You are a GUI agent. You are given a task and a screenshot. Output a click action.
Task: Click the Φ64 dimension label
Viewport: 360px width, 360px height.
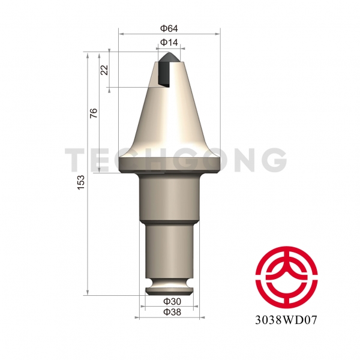169,28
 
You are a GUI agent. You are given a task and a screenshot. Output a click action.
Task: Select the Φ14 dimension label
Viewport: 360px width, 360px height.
169,43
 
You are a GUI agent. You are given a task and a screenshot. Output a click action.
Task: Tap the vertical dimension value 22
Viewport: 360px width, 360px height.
104,70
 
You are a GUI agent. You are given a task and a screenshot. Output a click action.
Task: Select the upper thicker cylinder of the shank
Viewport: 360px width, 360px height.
169,198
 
